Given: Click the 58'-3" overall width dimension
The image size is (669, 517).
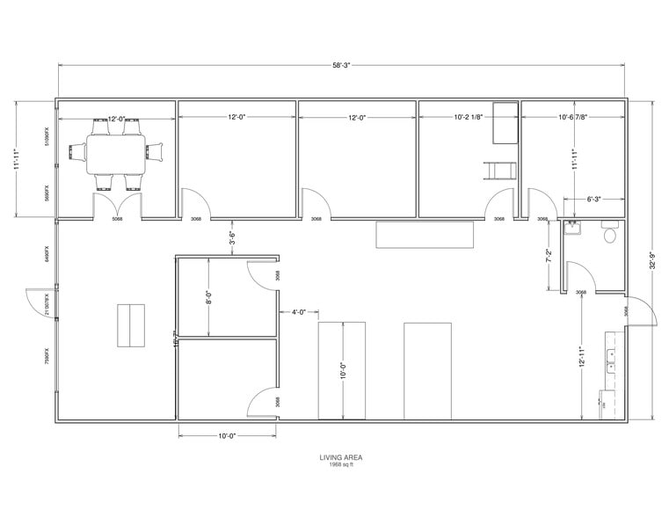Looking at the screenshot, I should tap(341, 65).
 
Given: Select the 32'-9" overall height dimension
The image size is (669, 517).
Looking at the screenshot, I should tap(651, 260).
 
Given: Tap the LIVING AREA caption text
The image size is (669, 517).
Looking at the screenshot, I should tap(341, 456).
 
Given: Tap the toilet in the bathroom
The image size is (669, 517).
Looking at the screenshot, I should tap(610, 234).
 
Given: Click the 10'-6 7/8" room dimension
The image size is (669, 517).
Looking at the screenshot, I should tap(572, 117).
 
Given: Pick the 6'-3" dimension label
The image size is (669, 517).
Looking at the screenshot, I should tap(594, 199).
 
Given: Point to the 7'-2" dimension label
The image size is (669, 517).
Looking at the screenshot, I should tap(549, 256).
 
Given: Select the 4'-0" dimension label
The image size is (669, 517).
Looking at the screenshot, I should tap(298, 311).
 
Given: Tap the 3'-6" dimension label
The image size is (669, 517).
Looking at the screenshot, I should tap(232, 237).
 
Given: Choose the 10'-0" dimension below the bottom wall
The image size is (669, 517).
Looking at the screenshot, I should tap(227, 434).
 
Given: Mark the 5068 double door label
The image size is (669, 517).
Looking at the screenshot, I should tap(116, 220).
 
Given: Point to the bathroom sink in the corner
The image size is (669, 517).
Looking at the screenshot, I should tap(575, 230).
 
